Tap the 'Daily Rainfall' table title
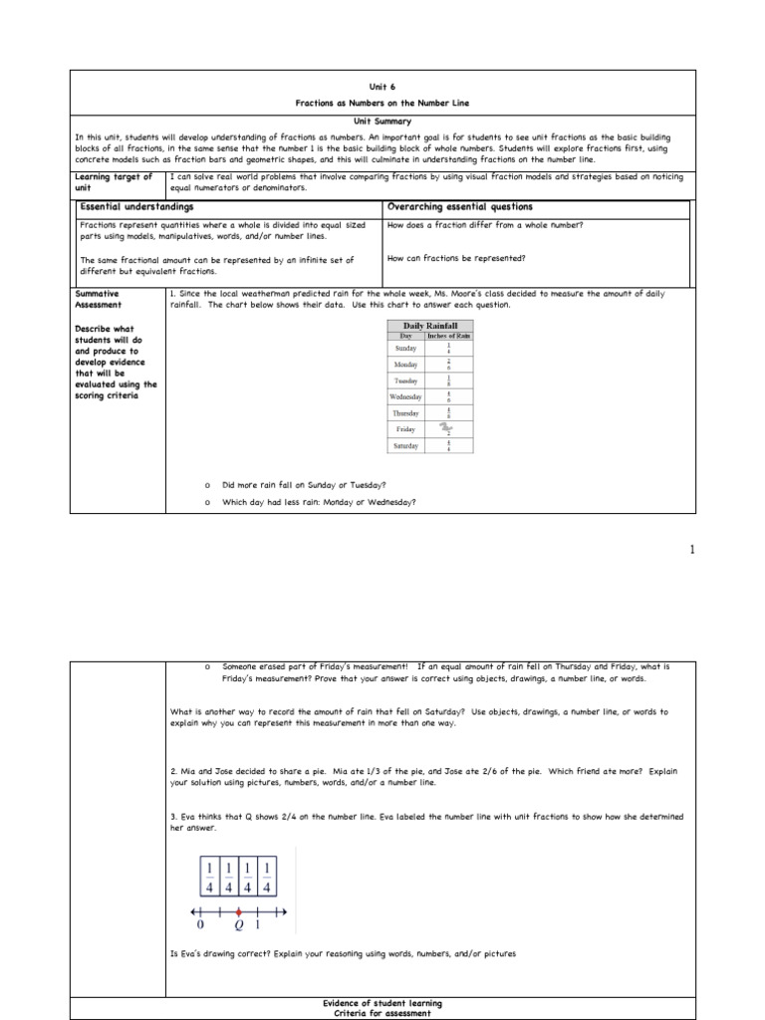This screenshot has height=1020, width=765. (429, 325)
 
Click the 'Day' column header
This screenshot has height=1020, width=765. (406, 335)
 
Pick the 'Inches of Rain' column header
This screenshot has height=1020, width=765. (449, 335)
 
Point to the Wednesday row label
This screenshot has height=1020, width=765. (405, 396)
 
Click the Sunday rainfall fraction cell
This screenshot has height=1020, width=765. (449, 349)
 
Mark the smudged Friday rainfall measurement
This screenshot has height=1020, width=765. (449, 428)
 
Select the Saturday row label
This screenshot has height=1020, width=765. (405, 445)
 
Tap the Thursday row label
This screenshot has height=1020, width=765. (405, 412)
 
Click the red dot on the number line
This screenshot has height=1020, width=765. (238, 911)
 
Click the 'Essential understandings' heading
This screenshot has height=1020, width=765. (124, 207)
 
